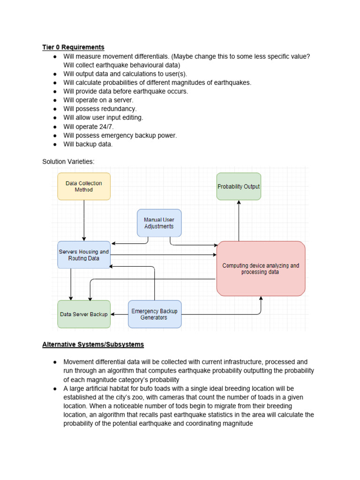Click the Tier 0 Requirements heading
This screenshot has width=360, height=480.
[73, 47]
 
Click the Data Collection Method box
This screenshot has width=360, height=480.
[84, 186]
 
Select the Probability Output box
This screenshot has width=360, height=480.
[239, 186]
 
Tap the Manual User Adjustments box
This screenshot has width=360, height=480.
[159, 223]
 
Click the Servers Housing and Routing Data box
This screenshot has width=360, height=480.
[84, 255]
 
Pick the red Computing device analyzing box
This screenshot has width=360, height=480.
[261, 269]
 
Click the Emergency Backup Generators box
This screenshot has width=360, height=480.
[154, 314]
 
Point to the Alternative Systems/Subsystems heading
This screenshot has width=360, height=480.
[93, 345]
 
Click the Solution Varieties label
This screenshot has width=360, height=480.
[68, 162]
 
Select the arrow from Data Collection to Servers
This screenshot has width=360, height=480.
[84, 220]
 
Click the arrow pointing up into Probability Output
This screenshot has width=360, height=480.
[239, 220]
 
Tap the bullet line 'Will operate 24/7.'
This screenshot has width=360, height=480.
[89, 127]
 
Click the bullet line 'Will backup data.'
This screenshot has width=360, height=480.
[88, 144]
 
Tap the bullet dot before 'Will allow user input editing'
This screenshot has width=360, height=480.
[55, 118]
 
